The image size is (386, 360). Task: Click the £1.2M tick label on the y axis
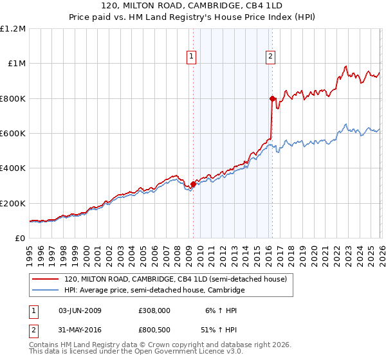(13, 29)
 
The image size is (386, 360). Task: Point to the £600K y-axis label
(13, 134)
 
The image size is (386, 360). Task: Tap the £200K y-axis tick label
(13, 203)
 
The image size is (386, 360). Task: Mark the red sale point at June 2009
(193, 184)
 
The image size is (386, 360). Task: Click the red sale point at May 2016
(272, 98)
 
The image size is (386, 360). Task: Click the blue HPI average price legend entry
(154, 291)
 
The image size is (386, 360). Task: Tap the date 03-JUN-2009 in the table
(80, 310)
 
